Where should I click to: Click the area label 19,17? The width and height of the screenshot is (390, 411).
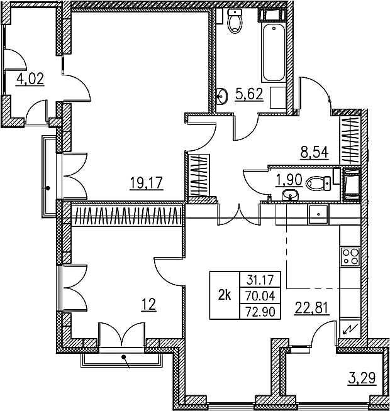pos(147,183)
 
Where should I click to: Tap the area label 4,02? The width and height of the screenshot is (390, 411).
pos(30,79)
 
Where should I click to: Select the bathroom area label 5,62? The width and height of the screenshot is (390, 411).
pos(249,94)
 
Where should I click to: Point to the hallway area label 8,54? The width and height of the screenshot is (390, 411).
pos(315,152)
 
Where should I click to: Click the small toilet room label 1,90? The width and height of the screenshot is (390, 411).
pos(289,180)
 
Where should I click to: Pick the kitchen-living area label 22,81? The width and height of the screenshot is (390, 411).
pos(312,308)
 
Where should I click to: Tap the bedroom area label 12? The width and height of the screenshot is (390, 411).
pos(149,305)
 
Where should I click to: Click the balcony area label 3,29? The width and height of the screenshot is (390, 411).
pos(362,378)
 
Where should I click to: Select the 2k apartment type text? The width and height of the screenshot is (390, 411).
pos(225,295)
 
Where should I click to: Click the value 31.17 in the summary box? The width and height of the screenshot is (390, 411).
pos(260,280)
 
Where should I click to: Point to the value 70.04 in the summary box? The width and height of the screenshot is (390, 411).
pos(260,296)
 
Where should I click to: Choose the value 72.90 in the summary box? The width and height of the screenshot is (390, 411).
pos(260,312)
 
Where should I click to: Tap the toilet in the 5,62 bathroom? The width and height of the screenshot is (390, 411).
pos(235,21)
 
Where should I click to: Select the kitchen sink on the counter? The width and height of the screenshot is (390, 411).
pos(318,215)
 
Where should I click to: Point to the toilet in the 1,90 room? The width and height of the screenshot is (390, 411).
pos(318,184)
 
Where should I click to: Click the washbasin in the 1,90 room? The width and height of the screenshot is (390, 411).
pos(290,195)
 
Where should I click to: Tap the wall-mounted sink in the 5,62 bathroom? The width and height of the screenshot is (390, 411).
pos(222,96)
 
